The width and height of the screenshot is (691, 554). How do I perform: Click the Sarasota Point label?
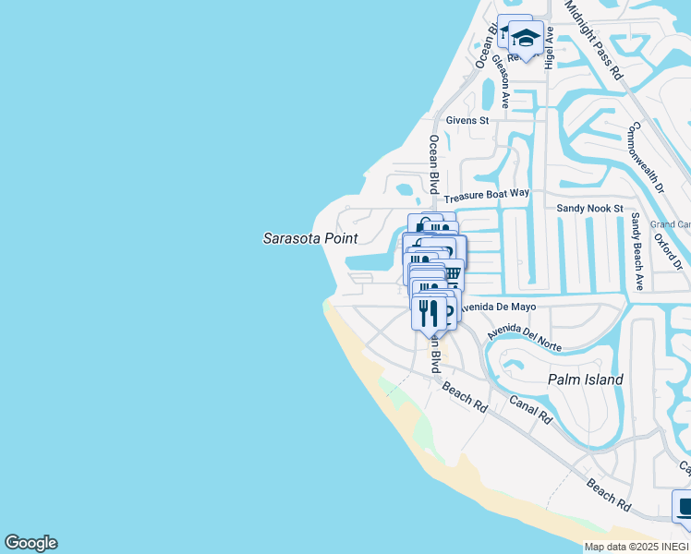click(x=310, y=238)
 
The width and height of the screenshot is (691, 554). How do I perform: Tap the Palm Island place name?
click(x=585, y=379)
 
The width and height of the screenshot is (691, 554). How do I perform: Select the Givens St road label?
click(x=467, y=121)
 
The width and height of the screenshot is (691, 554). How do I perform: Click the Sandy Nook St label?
click(x=589, y=210)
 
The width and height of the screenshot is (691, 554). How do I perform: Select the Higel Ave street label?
click(x=550, y=47)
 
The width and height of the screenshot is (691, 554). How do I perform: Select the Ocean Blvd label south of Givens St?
click(x=433, y=164)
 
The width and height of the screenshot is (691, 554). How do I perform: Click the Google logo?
click(x=30, y=543)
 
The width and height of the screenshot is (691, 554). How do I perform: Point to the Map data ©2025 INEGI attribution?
click(x=636, y=547)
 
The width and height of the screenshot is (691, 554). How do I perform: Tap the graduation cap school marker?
click(x=526, y=39)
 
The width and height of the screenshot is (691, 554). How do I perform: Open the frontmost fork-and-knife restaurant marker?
click(x=429, y=311)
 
